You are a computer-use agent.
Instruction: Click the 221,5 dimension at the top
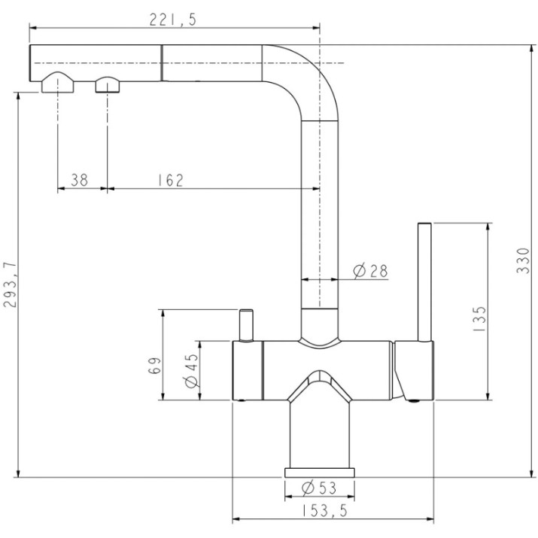pyautogui.click(x=172, y=20)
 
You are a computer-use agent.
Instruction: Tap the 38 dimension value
pyautogui.click(x=79, y=180)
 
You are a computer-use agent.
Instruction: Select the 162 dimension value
pyautogui.click(x=171, y=180)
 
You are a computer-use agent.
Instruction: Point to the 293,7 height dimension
pyautogui.click(x=10, y=284)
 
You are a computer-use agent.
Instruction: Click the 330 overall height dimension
pyautogui.click(x=523, y=260)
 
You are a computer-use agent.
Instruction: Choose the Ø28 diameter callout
pyautogui.click(x=370, y=271)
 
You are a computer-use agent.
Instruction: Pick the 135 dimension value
pyautogui.click(x=479, y=318)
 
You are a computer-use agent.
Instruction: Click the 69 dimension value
pyautogui.click(x=155, y=366)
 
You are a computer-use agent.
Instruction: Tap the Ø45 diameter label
pyautogui.click(x=191, y=370)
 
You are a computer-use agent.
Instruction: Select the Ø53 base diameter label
pyautogui.click(x=319, y=488)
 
